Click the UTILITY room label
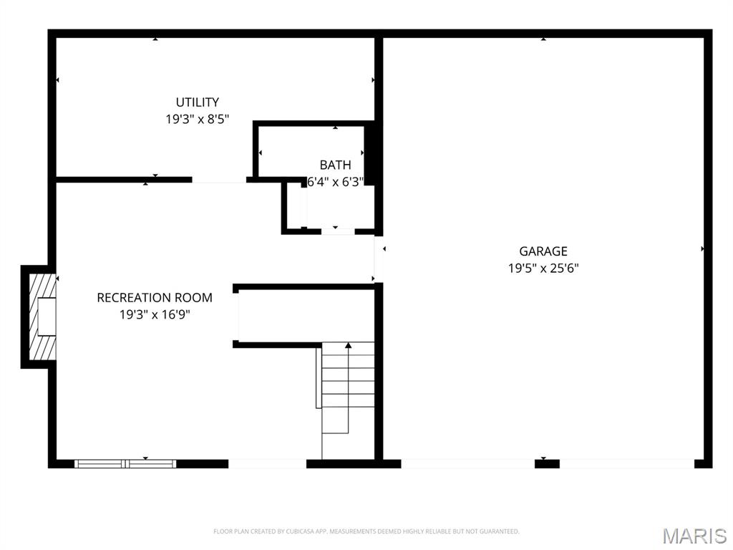(x=198, y=102)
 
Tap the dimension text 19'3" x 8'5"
(x=198, y=120)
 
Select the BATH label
(x=335, y=165)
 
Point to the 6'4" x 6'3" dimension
(x=335, y=182)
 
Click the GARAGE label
(x=543, y=251)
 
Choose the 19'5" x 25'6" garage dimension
(x=543, y=269)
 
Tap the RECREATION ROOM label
(x=155, y=297)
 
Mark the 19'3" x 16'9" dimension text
(x=155, y=314)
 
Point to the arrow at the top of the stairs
(x=349, y=346)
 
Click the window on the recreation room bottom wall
(x=125, y=464)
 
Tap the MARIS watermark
(x=694, y=536)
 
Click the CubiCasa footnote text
(x=366, y=531)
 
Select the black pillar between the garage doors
(x=547, y=464)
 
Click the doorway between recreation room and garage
(x=379, y=259)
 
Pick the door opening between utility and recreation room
(x=219, y=180)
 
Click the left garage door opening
(x=467, y=464)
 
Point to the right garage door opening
(x=627, y=464)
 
